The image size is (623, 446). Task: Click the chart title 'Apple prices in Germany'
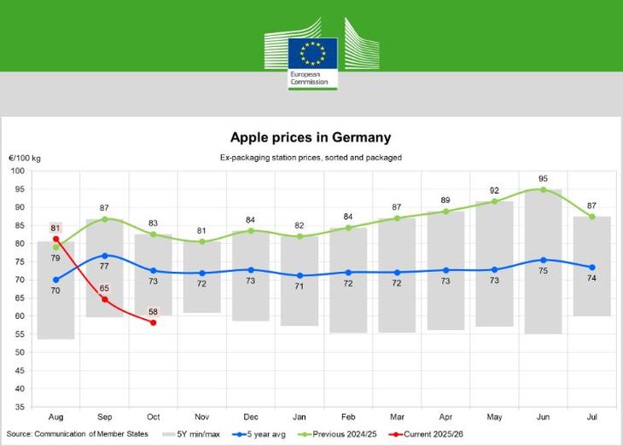[x=311, y=137]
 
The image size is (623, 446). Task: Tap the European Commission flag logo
[x=312, y=53]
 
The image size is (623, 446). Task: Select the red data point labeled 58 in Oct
[x=153, y=322]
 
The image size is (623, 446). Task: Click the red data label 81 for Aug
[x=55, y=228]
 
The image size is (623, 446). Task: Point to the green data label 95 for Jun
[x=543, y=179]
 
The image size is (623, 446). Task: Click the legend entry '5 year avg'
[x=262, y=434]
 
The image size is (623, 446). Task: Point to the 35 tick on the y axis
[x=19, y=388]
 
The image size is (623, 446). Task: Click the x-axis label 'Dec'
[x=251, y=416]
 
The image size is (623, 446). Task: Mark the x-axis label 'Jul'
[x=591, y=416]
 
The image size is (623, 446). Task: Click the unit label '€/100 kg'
[x=26, y=159]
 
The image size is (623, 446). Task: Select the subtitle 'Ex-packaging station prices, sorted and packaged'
[x=311, y=158]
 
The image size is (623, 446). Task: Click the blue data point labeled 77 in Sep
[x=105, y=255]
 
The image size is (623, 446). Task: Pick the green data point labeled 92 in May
[x=494, y=201]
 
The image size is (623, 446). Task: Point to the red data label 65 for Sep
[x=104, y=289]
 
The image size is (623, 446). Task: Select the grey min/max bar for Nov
[x=201, y=277]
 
